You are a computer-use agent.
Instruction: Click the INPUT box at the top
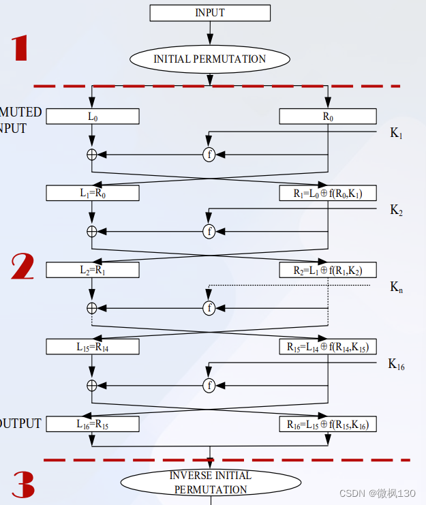pos(209,13)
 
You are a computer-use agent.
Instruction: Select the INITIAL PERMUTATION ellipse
pos(209,59)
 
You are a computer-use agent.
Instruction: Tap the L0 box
pos(93,117)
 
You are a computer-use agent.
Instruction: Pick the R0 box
pos(328,117)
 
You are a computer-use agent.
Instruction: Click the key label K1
pos(396,134)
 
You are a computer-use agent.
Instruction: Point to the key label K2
pos(396,210)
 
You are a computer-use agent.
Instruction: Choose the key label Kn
pos(396,287)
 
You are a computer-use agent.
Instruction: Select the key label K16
pos(396,365)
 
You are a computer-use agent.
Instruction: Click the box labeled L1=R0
pos(93,194)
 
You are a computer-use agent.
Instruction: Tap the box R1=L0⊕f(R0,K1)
pos(328,194)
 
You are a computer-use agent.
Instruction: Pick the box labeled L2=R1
pos(93,270)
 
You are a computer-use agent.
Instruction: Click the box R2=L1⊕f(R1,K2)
pos(328,270)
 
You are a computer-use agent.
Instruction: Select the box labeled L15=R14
pos(93,347)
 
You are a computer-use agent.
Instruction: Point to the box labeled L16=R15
pos(93,424)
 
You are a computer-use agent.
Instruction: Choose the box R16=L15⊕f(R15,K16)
pos(328,424)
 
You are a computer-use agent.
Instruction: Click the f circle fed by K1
pos(209,155)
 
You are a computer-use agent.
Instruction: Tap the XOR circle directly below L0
pos(92,155)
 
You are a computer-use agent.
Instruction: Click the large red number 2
pos(22,266)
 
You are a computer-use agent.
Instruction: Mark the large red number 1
pos(20,48)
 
